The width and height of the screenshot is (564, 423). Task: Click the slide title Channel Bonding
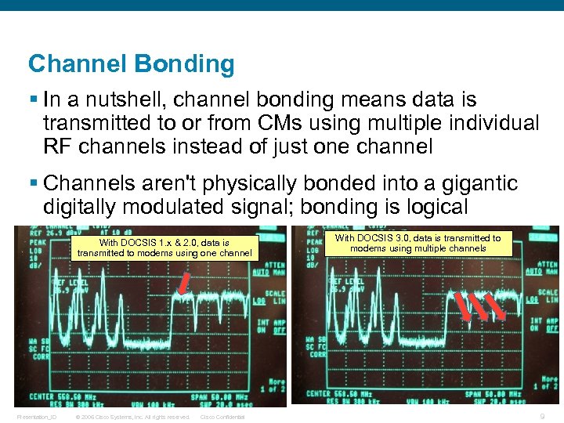tap(131, 64)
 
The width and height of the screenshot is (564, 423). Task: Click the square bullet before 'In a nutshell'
tap(33, 100)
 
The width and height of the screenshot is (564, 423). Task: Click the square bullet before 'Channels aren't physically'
tap(33, 183)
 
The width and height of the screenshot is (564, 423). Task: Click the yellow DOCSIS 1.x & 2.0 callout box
tap(164, 248)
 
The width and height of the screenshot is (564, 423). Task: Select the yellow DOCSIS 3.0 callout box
tap(418, 243)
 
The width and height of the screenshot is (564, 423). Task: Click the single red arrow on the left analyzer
tap(183, 284)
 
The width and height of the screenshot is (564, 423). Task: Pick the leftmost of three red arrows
tap(463, 305)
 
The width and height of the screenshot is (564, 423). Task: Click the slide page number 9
tap(543, 417)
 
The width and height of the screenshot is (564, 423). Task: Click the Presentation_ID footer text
tap(37, 417)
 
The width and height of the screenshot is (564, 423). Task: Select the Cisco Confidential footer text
tap(222, 417)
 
